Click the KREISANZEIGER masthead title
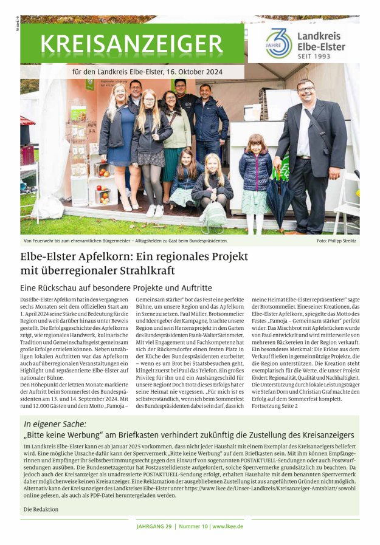131,44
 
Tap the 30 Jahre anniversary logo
278,43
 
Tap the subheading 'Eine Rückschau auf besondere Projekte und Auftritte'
116,288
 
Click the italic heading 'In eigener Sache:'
55,424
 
